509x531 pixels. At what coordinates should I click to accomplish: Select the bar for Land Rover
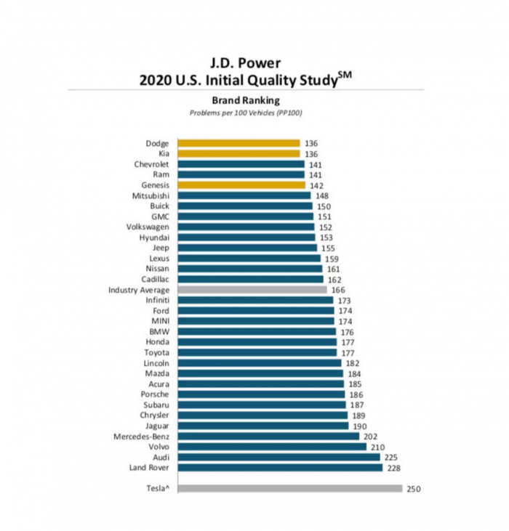coord(280,468)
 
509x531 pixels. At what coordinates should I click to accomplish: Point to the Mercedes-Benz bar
coord(266,437)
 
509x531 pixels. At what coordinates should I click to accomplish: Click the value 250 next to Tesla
coord(414,489)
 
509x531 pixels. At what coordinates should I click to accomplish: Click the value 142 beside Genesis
coord(317,185)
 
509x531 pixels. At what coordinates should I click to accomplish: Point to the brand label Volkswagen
coord(149,227)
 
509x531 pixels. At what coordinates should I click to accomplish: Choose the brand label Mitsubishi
coord(151,195)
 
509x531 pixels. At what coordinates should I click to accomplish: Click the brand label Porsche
coord(156,394)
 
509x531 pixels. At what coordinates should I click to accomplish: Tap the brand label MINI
coord(160,320)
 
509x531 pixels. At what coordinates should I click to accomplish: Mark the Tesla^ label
coord(157,489)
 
